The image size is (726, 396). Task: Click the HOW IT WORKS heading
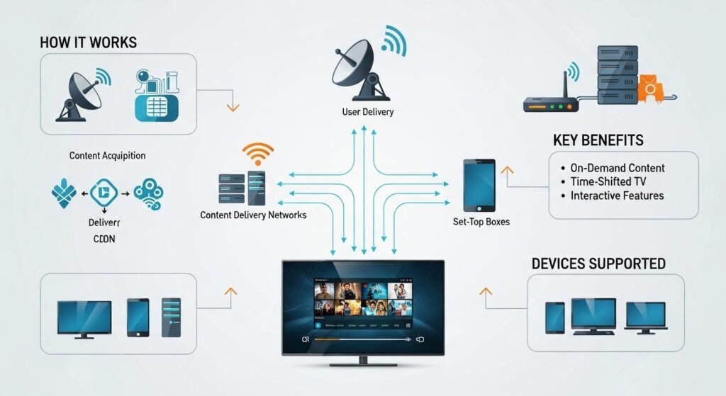coord(88,42)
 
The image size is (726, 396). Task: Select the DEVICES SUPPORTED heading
coord(598,264)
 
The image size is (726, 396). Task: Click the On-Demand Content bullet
coord(618,168)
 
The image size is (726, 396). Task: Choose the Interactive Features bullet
coord(617,196)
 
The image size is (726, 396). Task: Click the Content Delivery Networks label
coord(253,215)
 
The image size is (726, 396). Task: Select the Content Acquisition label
coord(108,155)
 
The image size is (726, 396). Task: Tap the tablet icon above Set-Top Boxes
coord(479,185)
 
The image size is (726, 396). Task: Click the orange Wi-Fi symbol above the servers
coord(257,154)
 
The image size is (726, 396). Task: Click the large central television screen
coord(363,307)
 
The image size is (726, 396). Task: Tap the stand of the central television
coord(363,361)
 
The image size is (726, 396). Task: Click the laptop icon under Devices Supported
coord(644,317)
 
